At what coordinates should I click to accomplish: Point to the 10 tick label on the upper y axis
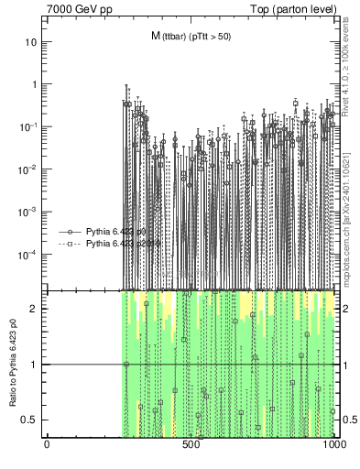pyautogui.click(x=30, y=42)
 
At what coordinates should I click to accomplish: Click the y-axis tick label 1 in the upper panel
pyautogui.click(x=34, y=84)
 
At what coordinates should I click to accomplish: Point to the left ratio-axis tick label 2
pyautogui.click(x=34, y=309)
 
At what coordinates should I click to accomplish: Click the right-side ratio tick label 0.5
pyautogui.click(x=350, y=420)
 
